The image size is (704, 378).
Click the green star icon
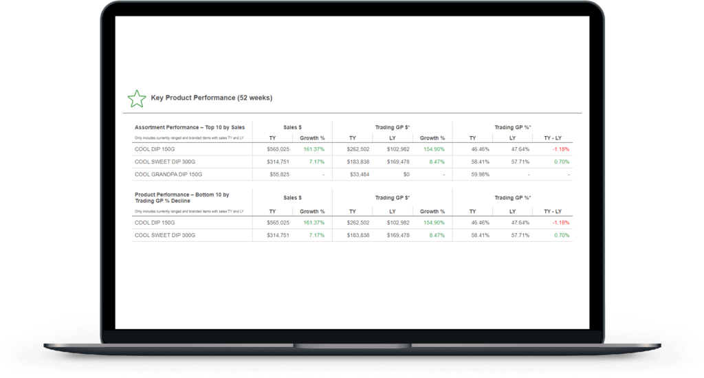[137, 98]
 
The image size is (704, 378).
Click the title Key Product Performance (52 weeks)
[211, 98]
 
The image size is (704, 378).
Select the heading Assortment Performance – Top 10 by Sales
[190, 127]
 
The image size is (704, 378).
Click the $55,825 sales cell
[278, 175]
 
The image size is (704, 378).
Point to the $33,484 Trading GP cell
[357, 175]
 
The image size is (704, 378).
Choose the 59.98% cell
[480, 175]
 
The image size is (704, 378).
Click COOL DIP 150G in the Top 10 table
[155, 149]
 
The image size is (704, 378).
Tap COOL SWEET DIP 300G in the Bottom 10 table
[165, 235]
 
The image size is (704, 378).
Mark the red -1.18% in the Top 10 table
[560, 149]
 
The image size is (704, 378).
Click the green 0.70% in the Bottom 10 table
[562, 235]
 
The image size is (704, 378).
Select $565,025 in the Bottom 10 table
[278, 223]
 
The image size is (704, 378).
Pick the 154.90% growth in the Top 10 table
[433, 149]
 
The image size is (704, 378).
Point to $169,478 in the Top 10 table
[398, 162]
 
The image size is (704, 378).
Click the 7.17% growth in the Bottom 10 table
[316, 235]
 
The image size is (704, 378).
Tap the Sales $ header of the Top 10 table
[292, 127]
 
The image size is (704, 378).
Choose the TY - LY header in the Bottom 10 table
[552, 212]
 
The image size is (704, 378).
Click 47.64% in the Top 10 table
[520, 149]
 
